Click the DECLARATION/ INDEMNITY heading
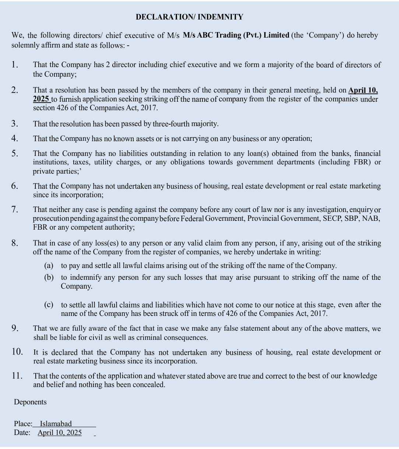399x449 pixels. pyautogui.click(x=189, y=17)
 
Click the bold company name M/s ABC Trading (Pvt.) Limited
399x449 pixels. pyautogui.click(x=236, y=35)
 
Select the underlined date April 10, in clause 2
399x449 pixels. pyautogui.click(x=363, y=90)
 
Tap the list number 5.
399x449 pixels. pyautogui.click(x=15, y=154)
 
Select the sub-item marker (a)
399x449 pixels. pyautogui.click(x=49, y=265)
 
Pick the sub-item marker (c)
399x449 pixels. pyautogui.click(x=49, y=305)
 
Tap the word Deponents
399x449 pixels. pyautogui.click(x=30, y=402)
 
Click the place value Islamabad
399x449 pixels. pyautogui.click(x=56, y=424)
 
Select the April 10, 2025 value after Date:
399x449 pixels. pyautogui.click(x=60, y=433)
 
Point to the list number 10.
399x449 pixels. pyautogui.click(x=17, y=352)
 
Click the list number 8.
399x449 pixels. pyautogui.click(x=15, y=243)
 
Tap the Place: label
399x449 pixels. pyautogui.click(x=23, y=424)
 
